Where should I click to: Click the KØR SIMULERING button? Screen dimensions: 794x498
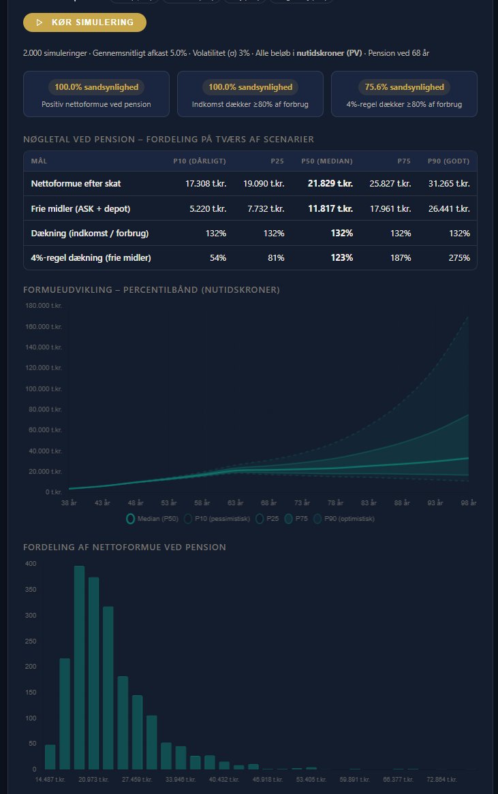pyautogui.click(x=84, y=22)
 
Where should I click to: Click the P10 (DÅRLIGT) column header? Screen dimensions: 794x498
pyautogui.click(x=200, y=161)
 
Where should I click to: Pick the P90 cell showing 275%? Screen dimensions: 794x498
pyautogui.click(x=458, y=257)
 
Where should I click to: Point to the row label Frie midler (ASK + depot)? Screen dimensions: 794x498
pyautogui.click(x=80, y=208)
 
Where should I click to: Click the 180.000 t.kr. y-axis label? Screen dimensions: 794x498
pyautogui.click(x=44, y=306)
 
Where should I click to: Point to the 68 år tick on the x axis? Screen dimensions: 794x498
pyautogui.click(x=268, y=503)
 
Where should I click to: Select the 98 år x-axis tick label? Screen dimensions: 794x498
pyautogui.click(x=469, y=503)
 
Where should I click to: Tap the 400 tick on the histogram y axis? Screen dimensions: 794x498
pyautogui.click(x=31, y=564)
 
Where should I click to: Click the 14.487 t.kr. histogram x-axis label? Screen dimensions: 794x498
pyautogui.click(x=50, y=778)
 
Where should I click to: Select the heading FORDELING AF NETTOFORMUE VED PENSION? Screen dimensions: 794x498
pyautogui.click(x=125, y=547)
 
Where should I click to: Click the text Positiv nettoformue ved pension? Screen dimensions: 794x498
pyautogui.click(x=96, y=104)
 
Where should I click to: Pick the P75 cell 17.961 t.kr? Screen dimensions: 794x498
pyautogui.click(x=390, y=208)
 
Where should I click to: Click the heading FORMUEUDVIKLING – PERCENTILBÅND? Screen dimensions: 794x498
pyautogui.click(x=151, y=290)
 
